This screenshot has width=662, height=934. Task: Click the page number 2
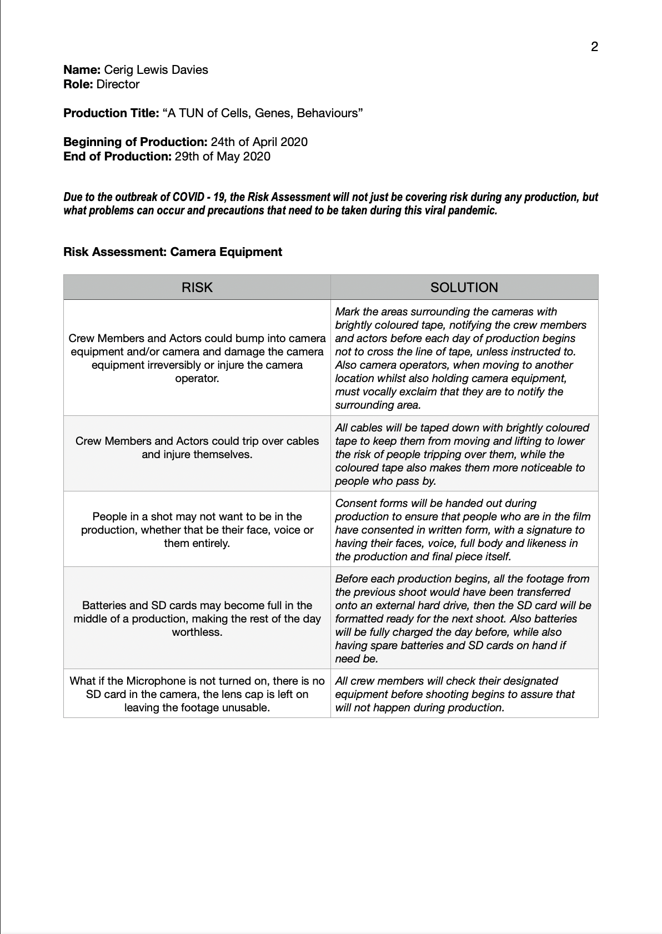coord(594,47)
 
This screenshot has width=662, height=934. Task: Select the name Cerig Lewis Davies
coord(156,70)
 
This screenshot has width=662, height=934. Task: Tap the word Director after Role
coord(118,84)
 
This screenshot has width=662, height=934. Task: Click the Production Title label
coord(111,113)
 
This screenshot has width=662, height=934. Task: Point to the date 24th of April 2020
coord(259,142)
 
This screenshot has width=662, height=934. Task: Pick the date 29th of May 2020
coord(222,157)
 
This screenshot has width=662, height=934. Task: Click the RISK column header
coord(197,288)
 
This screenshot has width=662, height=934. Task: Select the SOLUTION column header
coord(464,288)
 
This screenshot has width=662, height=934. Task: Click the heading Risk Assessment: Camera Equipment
coord(173,252)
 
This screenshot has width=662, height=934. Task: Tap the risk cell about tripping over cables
coord(197,448)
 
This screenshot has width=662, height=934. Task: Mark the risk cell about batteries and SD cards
coord(197,619)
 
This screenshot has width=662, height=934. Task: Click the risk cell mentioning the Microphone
coord(197,694)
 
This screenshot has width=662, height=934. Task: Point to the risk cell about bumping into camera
coord(197,358)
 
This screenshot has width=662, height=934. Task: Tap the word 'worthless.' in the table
coord(197,632)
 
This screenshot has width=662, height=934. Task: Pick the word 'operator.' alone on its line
coord(197,378)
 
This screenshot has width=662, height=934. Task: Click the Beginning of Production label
coord(135,142)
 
